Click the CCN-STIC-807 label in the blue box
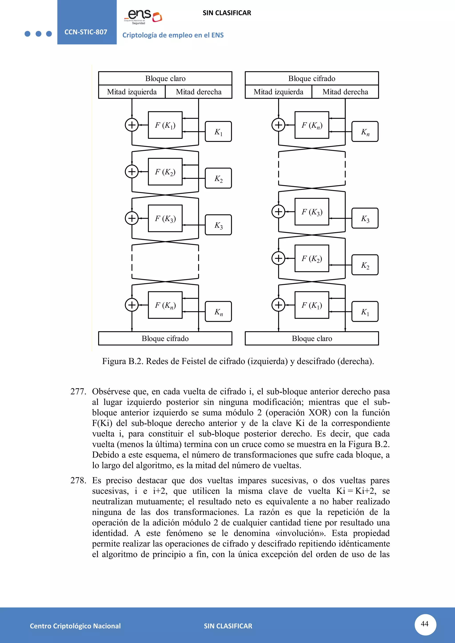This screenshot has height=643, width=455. pos(86,32)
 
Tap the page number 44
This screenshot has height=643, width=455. pos(425,624)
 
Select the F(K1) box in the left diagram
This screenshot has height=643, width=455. pos(165,125)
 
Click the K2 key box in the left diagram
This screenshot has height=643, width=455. pos(218,178)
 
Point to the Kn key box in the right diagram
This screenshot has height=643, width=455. pos(365,132)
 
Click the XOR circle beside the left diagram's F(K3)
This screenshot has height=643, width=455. pos(132,218)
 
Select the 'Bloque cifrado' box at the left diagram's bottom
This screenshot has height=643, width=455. pos(165,338)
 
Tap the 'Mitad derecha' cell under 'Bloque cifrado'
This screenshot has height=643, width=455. pos(345,92)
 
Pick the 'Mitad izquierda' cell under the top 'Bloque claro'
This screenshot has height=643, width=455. pos(132,92)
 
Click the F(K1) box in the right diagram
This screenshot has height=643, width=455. pos(312,305)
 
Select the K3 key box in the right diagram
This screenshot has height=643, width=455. pos(365,218)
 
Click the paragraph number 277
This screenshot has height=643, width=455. pos(78,391)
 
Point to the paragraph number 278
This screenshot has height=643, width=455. pos(78,480)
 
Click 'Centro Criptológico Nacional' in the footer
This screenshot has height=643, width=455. pos(75,626)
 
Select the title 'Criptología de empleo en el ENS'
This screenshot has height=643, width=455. pos(173,35)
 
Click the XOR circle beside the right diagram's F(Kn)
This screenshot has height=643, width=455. pos(278,125)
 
